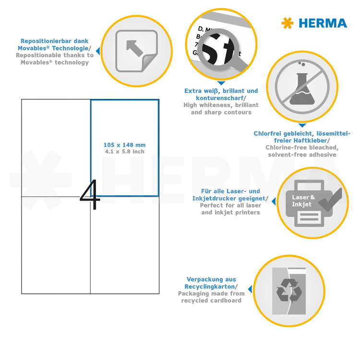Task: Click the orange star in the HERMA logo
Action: (x=287, y=23)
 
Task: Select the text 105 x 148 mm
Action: (x=124, y=144)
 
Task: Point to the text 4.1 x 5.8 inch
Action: (x=124, y=152)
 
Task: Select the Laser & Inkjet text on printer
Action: (x=304, y=201)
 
